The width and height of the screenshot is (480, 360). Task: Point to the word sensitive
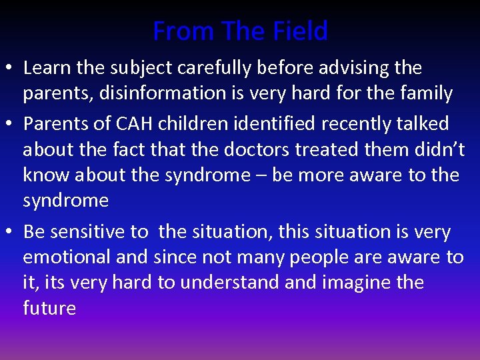[x=87, y=232]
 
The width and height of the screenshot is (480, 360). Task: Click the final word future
[x=49, y=308]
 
